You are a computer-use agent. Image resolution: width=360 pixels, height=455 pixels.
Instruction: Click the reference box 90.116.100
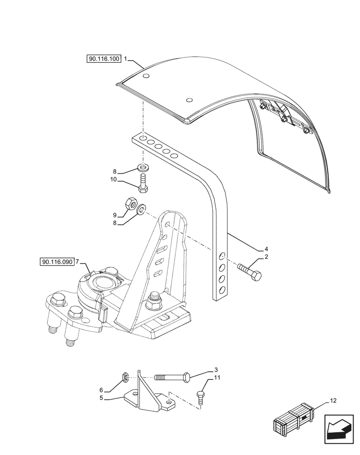[x=103, y=59]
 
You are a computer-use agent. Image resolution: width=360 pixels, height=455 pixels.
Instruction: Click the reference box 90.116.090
[x=57, y=262]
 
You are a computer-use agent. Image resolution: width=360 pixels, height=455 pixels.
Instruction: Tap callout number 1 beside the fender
[x=126, y=59]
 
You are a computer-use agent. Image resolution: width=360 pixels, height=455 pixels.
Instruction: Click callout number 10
[x=115, y=180]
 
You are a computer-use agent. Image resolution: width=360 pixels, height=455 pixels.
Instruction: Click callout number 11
[x=217, y=378]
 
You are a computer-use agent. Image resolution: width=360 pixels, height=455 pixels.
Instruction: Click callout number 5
[x=102, y=399]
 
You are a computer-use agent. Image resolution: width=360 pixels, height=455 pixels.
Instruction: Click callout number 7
[x=77, y=262]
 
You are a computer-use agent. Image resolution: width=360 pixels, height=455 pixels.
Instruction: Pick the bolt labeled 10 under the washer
[x=143, y=182]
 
